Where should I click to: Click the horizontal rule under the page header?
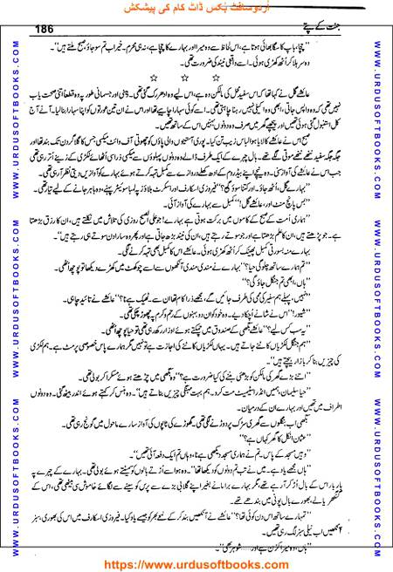[196, 40]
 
